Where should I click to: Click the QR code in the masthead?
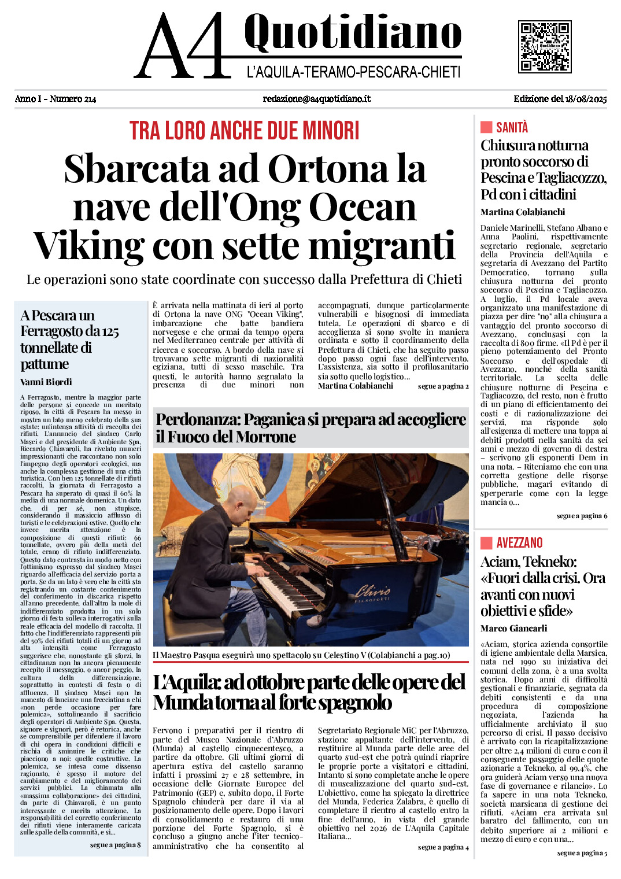coord(544,47)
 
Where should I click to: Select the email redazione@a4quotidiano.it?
coord(316,99)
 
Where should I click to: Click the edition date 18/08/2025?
coord(586,99)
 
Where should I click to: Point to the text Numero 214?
coord(73,99)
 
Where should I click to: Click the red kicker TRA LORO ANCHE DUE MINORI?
coord(244,131)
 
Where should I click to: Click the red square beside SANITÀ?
coord(486,127)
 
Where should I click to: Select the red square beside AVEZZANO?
coord(486,542)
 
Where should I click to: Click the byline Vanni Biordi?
coord(46,382)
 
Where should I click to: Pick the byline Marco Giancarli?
coord(513,628)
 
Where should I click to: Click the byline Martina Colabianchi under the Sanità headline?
coord(522,212)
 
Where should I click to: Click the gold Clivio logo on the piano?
coord(373,592)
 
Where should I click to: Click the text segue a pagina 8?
coord(115,845)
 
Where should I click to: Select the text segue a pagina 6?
coord(582,516)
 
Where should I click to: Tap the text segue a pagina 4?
coord(443,847)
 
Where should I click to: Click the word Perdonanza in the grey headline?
coord(198,420)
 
